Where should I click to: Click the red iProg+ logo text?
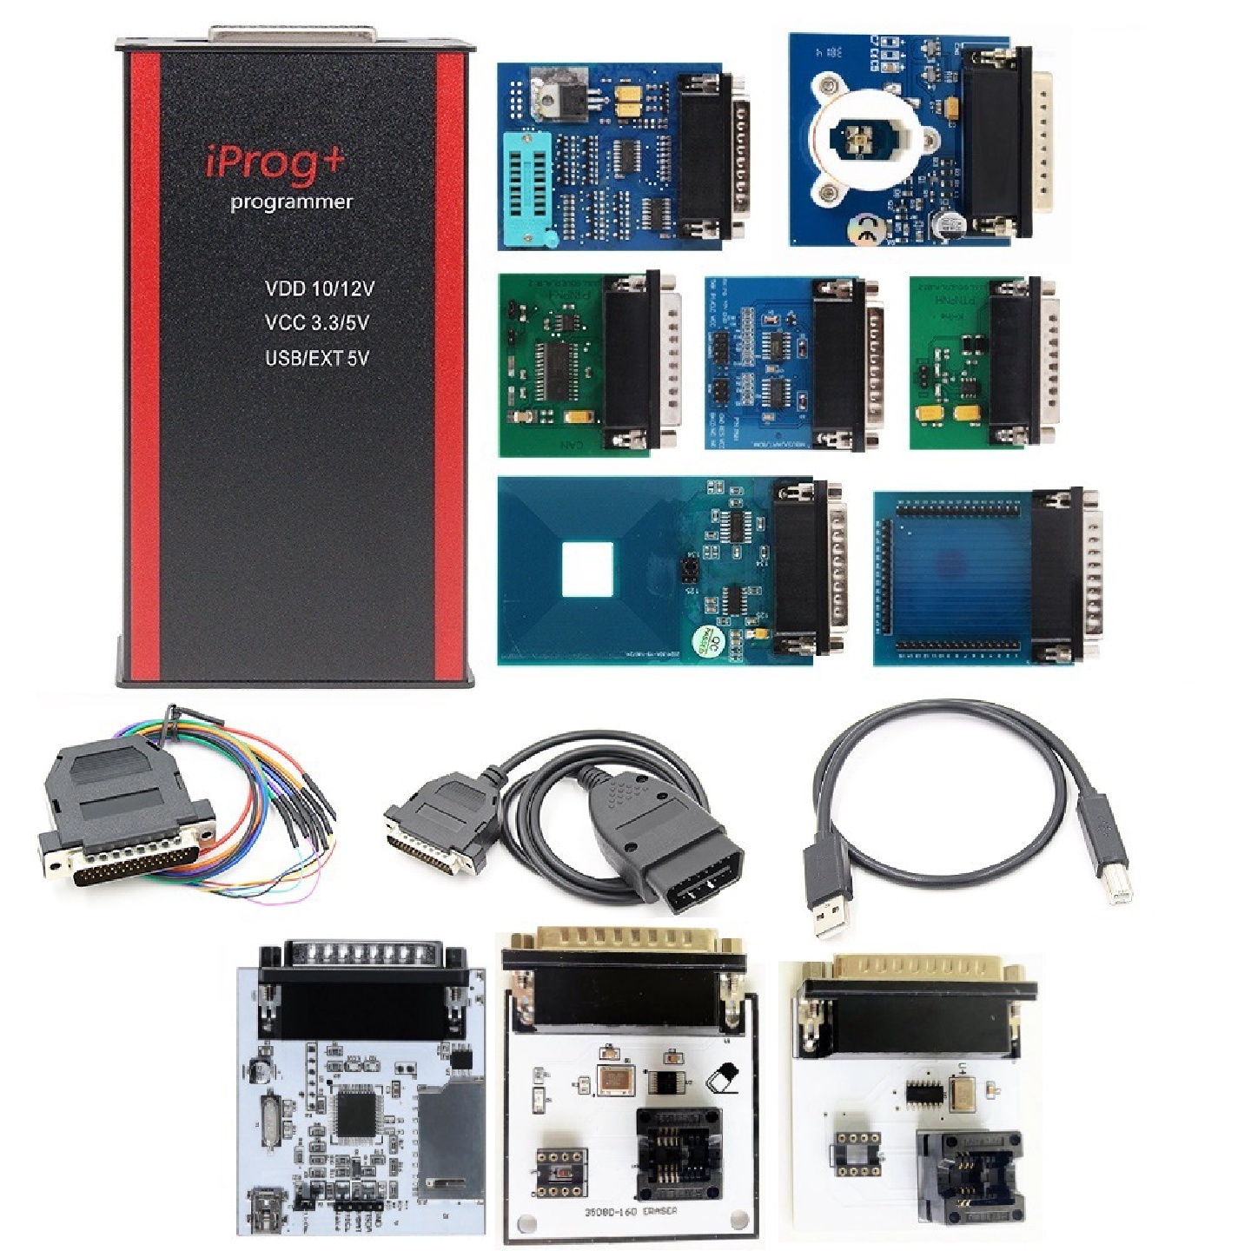[275, 162]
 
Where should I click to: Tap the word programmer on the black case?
[291, 202]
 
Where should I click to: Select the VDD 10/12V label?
[319, 288]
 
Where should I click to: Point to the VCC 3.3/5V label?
[316, 323]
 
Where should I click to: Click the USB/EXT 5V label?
[316, 358]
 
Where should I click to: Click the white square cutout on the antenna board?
[587, 569]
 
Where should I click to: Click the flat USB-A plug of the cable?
[829, 903]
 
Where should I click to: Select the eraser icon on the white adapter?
[724, 1078]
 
